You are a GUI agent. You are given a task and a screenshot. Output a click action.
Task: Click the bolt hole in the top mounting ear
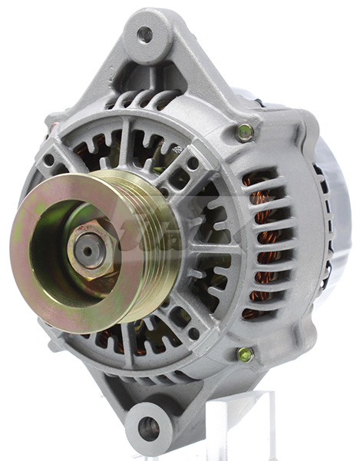click(x=144, y=34)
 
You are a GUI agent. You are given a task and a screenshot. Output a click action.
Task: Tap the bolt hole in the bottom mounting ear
click(x=148, y=427)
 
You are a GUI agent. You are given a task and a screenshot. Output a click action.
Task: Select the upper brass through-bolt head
click(x=245, y=131)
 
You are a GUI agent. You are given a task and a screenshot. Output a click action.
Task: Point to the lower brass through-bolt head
click(x=245, y=354)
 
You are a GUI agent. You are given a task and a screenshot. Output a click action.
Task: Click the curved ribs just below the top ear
click(x=146, y=100)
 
